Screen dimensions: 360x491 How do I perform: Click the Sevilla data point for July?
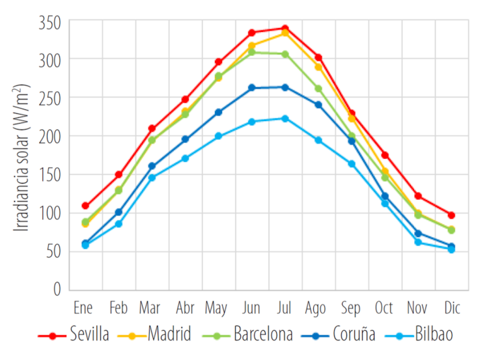[x=285, y=28]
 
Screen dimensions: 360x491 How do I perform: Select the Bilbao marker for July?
[x=285, y=118]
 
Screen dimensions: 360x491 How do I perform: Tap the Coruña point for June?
[x=252, y=88]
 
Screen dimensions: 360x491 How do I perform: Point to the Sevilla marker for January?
[x=85, y=206]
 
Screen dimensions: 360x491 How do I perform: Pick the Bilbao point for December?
[x=451, y=249]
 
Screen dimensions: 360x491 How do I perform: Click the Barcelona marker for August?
[x=318, y=89]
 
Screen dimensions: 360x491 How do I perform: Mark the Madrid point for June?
[x=252, y=46]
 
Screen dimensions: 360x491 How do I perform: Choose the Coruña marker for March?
[x=152, y=166]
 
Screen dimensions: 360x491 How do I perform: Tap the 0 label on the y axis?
[x=57, y=288]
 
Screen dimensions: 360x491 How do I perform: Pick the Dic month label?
[x=451, y=307]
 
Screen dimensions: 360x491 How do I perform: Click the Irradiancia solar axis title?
[x=22, y=156]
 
